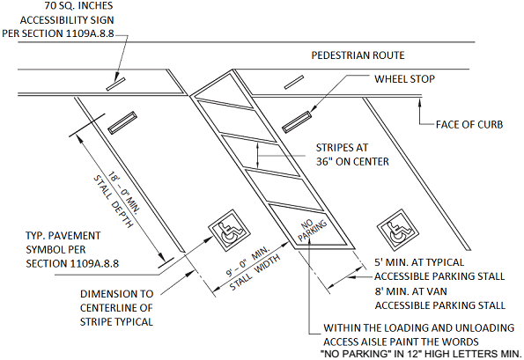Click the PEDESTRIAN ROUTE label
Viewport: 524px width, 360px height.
click(x=358, y=55)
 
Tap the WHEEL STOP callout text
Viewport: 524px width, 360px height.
click(x=404, y=79)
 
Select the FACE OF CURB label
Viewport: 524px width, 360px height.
click(x=469, y=125)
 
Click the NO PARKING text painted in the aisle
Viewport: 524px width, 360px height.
click(x=312, y=230)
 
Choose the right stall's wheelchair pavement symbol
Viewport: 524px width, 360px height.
click(x=398, y=231)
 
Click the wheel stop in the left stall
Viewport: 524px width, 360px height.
click(x=122, y=123)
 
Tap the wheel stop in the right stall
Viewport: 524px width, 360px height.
click(x=297, y=121)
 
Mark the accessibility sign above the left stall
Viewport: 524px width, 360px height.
click(x=115, y=84)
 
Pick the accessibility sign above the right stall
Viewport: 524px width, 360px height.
click(x=294, y=83)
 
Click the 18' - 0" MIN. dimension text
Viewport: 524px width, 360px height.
click(x=124, y=192)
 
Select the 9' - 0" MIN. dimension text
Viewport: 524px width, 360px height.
click(x=248, y=261)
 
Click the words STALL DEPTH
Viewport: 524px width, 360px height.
click(x=113, y=201)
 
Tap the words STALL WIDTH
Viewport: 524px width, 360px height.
click(x=255, y=273)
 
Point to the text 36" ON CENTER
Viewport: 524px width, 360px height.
click(x=352, y=162)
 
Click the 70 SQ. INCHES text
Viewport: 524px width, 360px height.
click(x=79, y=5)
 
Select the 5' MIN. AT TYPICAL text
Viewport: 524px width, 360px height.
click(x=419, y=262)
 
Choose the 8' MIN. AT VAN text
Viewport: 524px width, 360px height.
click(x=410, y=291)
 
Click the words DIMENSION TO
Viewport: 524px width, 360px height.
click(x=116, y=294)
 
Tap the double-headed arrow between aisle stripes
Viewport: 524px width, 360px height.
click(x=257, y=156)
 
